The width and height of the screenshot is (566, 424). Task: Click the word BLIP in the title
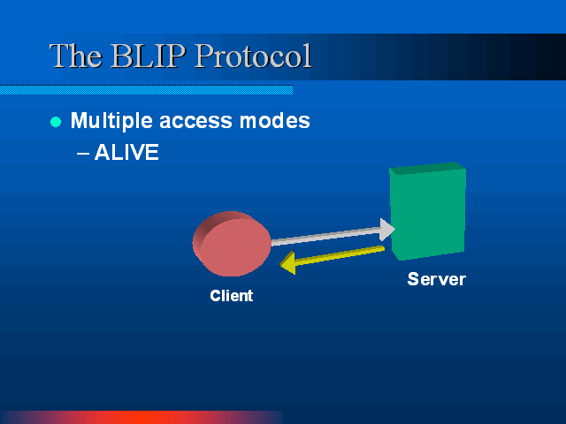tap(149, 56)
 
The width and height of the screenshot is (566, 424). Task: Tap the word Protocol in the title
tap(253, 56)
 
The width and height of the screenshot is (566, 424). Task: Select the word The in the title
tap(76, 56)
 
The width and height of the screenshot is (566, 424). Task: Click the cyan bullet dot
tap(56, 122)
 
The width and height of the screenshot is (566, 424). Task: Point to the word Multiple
tap(111, 121)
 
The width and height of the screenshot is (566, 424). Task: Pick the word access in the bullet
tap(195, 121)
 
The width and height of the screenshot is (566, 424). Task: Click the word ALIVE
tap(126, 152)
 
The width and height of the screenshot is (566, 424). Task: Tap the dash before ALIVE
tap(83, 153)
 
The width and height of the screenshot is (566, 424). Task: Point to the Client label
tap(232, 296)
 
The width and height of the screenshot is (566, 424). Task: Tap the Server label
tap(436, 279)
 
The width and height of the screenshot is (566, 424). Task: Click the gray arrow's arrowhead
tap(387, 230)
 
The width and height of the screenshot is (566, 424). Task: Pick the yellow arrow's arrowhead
tap(288, 263)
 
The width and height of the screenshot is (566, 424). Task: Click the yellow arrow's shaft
tap(340, 255)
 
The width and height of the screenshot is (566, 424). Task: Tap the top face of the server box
tap(428, 168)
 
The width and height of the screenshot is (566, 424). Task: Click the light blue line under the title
tap(146, 90)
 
